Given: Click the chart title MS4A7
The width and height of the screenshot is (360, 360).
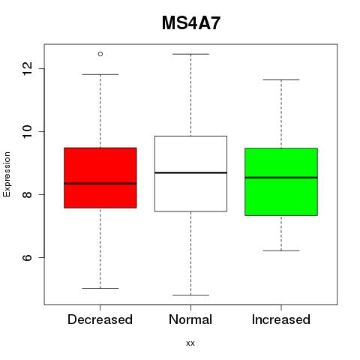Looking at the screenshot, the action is point(191,23).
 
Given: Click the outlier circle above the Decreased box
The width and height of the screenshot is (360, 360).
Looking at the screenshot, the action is point(100,54).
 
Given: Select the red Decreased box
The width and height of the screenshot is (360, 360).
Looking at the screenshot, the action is point(100,178).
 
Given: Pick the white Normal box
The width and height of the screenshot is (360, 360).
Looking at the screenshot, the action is point(190,174).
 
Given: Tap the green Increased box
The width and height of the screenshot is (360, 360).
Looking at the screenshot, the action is point(281,181).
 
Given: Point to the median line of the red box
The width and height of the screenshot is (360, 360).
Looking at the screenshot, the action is point(100,184).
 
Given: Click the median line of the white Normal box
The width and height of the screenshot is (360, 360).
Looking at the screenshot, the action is point(190,172).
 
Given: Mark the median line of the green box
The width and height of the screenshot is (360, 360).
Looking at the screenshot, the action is point(281,178).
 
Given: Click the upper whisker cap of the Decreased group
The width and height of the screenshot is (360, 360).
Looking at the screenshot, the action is point(100,74).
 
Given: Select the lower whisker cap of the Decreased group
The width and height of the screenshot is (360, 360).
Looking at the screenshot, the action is point(100,288).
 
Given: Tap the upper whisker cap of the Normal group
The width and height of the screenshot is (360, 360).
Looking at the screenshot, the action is point(190,54).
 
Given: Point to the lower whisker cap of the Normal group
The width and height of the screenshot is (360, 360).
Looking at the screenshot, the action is point(190,295).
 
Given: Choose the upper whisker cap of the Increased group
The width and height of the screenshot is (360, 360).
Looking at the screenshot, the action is point(281,79).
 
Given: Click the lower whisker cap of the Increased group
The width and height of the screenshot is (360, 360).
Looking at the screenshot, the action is point(281,250).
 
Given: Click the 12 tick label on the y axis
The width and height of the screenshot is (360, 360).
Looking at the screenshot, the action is point(27,68).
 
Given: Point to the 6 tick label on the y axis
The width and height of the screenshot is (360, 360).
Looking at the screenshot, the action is point(27,257).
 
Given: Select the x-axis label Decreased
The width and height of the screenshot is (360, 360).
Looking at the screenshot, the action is point(100,319).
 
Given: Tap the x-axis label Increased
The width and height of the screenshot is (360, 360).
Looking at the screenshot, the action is point(281,319).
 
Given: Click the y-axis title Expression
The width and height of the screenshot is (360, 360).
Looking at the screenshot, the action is point(7,174).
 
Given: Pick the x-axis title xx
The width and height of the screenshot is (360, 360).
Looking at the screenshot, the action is point(190,343).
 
